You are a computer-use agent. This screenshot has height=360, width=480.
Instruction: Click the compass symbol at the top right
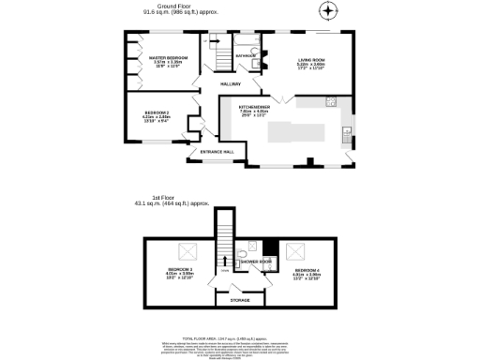327,12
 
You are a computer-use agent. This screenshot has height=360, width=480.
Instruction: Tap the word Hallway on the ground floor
230,84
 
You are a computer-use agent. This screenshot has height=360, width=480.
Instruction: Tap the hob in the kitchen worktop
330,100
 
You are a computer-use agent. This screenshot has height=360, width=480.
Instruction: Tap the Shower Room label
254,262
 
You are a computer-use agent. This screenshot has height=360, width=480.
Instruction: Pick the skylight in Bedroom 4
300,249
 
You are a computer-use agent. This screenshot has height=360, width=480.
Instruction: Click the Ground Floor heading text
161,7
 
